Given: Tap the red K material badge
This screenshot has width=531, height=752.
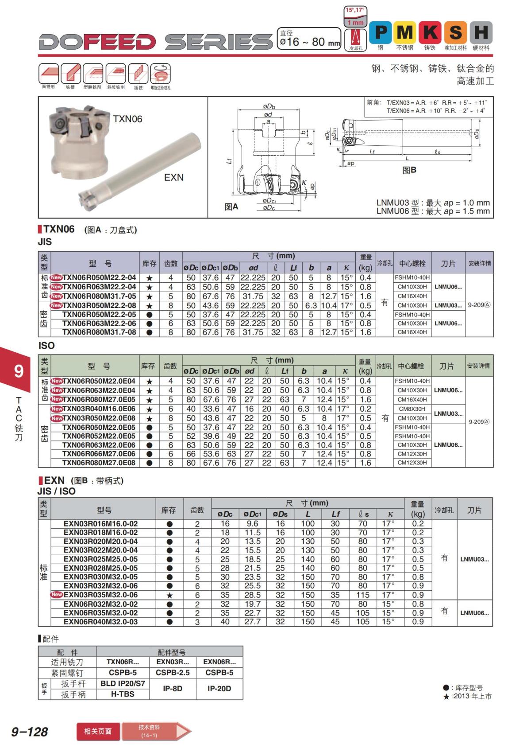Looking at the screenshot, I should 430,33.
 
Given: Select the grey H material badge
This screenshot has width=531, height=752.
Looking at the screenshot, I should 481,33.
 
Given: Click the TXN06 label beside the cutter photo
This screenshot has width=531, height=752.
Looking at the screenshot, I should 127,119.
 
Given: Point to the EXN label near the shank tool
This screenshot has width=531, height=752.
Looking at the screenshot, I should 173,177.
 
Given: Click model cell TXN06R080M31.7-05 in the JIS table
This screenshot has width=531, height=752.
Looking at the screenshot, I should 99,296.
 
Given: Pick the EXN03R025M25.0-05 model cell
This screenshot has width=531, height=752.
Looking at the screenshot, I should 100,559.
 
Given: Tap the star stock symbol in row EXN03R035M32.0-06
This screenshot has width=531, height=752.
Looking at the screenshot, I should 169,595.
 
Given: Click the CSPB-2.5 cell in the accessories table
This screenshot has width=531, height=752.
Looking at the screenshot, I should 173,672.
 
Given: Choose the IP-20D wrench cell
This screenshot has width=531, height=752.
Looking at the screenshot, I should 219,689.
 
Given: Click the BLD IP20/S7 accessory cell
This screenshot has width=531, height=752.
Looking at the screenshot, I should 123,683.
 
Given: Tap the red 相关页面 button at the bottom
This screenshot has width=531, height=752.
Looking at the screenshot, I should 98,731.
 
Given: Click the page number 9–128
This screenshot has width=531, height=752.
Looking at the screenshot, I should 29,732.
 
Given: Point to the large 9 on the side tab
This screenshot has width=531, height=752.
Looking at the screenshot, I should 18,370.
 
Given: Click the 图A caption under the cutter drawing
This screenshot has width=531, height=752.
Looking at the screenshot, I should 231,207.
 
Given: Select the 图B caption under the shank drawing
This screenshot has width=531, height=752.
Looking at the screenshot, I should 409,170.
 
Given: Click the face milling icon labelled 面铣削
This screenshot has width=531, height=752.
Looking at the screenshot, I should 48,75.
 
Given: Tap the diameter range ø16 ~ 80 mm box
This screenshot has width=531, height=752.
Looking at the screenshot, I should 310,39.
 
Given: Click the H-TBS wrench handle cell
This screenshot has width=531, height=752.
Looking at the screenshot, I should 123,694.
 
